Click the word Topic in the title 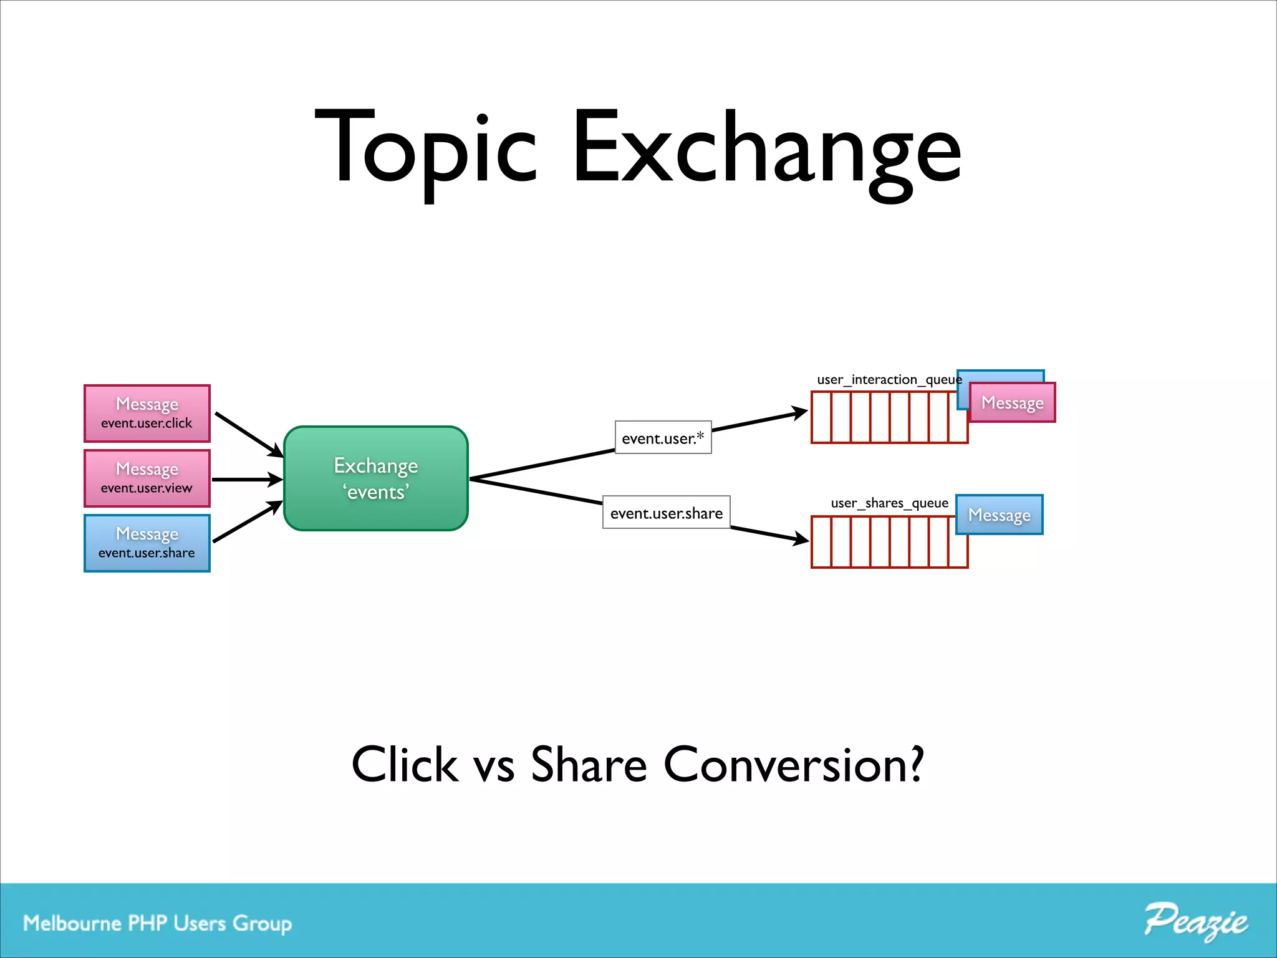pyautogui.click(x=425, y=150)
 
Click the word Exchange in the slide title pyautogui.click(x=766, y=150)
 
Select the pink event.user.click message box pyautogui.click(x=147, y=414)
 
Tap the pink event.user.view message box pyautogui.click(x=147, y=478)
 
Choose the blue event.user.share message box pyautogui.click(x=147, y=543)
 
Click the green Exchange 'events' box pyautogui.click(x=376, y=478)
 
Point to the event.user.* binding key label pyautogui.click(x=663, y=438)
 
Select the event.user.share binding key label pyautogui.click(x=666, y=513)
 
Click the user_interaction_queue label pyautogui.click(x=889, y=379)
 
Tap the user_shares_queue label pyautogui.click(x=889, y=503)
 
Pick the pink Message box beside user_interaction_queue pyautogui.click(x=1012, y=403)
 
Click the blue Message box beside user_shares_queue pyautogui.click(x=999, y=515)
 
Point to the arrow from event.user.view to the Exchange pyautogui.click(x=247, y=480)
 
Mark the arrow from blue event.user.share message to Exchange pyautogui.click(x=248, y=521)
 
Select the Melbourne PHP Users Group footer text pyautogui.click(x=157, y=923)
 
